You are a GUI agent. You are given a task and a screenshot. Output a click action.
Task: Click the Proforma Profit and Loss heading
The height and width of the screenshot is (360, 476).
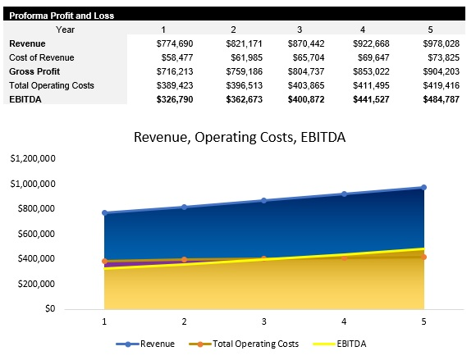pyautogui.click(x=62, y=15)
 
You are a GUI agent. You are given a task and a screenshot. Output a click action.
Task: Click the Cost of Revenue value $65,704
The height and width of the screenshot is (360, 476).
pyautogui.click(x=306, y=57)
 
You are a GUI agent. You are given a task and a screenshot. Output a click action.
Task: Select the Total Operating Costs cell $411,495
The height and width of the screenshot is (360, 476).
pyautogui.click(x=373, y=85)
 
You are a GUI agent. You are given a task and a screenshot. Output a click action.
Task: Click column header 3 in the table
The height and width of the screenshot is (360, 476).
pyautogui.click(x=300, y=30)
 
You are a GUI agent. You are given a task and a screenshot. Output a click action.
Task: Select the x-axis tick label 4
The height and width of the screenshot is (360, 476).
pyautogui.click(x=344, y=321)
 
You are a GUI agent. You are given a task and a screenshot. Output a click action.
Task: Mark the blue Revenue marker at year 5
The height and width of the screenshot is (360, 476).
pyautogui.click(x=423, y=188)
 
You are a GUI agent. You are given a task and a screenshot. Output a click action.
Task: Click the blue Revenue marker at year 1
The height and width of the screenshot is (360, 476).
pyautogui.click(x=104, y=213)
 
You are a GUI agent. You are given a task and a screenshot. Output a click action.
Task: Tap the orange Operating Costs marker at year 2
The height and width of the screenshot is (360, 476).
pyautogui.click(x=184, y=259)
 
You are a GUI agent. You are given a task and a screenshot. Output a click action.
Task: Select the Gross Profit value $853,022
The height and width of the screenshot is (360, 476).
pyautogui.click(x=373, y=71)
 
